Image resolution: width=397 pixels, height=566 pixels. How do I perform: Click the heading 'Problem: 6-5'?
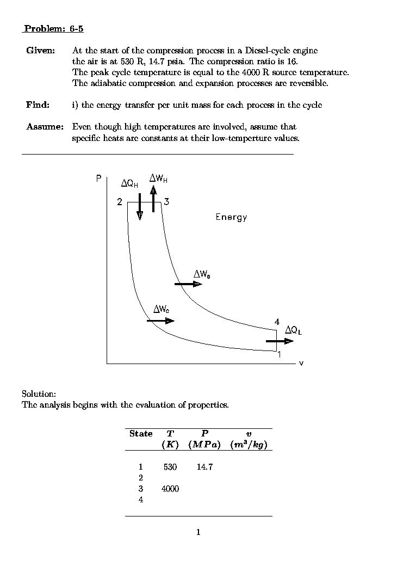[53, 29]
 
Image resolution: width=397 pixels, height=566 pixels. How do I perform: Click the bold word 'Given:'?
[40, 51]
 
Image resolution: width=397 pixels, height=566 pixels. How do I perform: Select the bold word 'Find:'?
[38, 104]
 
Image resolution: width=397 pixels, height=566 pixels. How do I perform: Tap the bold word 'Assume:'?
[45, 127]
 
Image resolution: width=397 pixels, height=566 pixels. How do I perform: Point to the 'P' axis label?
[98, 179]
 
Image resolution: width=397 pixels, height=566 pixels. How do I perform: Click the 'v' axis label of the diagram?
[301, 364]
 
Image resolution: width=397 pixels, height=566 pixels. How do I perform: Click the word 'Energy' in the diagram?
[231, 217]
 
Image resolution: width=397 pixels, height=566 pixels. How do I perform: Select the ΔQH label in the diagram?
[129, 184]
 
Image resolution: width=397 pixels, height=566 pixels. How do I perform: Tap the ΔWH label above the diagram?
[158, 179]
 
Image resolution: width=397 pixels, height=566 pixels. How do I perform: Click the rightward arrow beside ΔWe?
[188, 284]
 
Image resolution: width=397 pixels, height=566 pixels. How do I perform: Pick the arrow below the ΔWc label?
[160, 321]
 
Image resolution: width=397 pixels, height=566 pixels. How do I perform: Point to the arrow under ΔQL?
[280, 341]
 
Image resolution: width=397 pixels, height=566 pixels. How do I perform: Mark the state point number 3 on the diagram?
[166, 202]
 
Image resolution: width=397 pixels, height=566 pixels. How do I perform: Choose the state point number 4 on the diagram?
[277, 322]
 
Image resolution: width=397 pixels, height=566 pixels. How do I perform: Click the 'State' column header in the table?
[141, 434]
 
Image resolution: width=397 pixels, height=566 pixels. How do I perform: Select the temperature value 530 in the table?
[170, 467]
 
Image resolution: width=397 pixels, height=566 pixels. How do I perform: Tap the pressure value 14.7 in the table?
[204, 467]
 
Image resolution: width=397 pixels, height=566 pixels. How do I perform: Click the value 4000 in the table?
[170, 489]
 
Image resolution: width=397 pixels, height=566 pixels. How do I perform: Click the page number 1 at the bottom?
[199, 532]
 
